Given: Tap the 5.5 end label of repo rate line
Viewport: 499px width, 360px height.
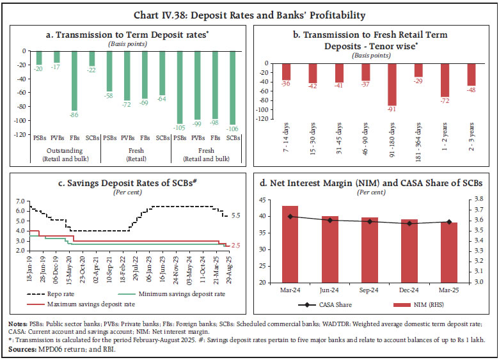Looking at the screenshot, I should pos(235,216).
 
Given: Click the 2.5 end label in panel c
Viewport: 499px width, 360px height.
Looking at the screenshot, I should pos(235,246).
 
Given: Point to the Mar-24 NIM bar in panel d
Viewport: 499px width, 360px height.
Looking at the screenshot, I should pos(290,244).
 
